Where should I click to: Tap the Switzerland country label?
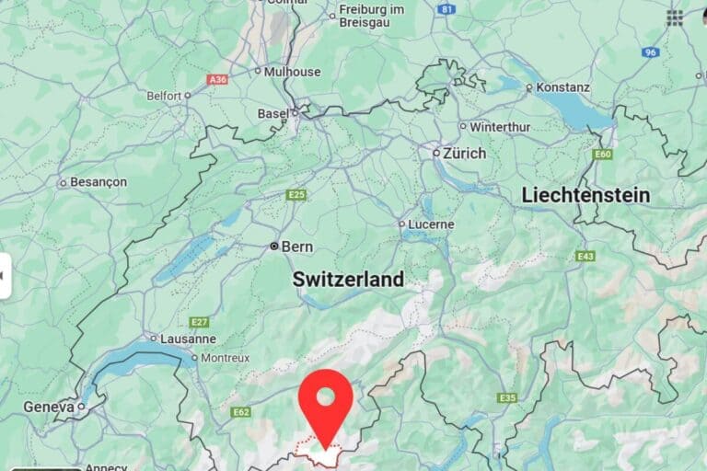(x=348, y=279)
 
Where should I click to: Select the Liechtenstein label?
(x=585, y=195)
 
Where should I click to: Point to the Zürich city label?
(x=464, y=153)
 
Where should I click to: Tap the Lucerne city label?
(x=432, y=224)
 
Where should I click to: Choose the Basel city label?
(x=272, y=113)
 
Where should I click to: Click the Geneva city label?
(x=48, y=406)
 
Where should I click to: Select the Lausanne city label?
(x=188, y=338)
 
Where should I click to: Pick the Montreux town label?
(x=226, y=358)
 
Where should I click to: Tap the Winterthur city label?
(x=500, y=126)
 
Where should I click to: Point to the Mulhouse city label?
(x=292, y=71)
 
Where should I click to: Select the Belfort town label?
(x=163, y=95)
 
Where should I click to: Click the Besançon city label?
(x=99, y=182)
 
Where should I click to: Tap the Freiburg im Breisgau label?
(x=372, y=15)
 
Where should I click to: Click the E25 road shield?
(x=296, y=195)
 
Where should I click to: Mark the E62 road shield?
(x=241, y=412)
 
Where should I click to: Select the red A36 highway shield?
(x=217, y=79)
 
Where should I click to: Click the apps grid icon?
(x=675, y=17)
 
